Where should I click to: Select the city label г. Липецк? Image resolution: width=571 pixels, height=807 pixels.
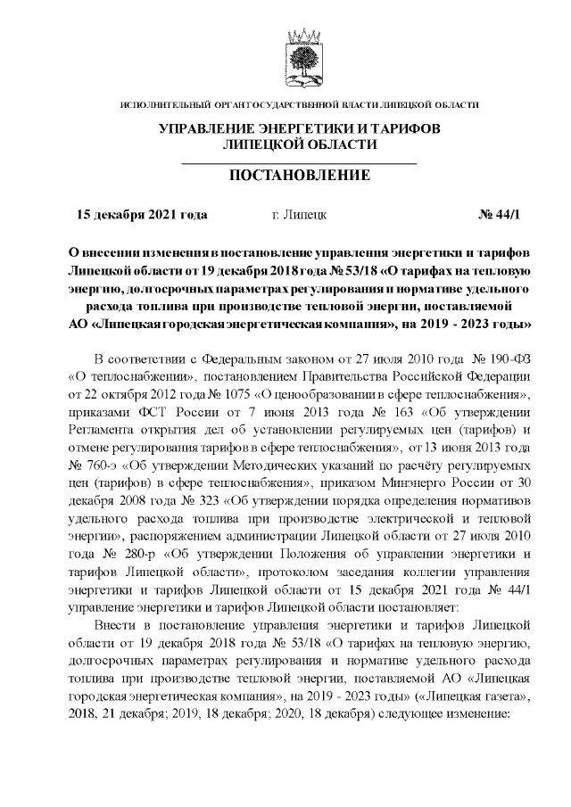pos(299,215)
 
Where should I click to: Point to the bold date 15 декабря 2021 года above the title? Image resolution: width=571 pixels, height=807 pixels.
pos(143,215)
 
